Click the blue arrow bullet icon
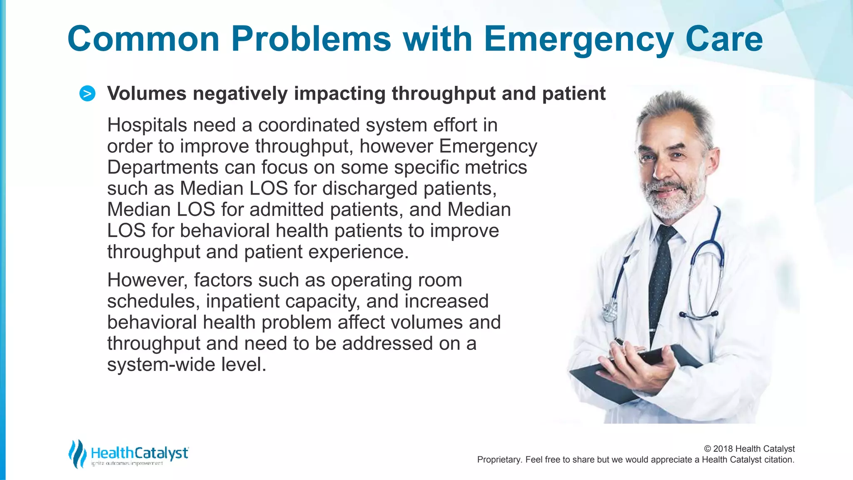[x=87, y=94]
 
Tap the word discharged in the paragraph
[x=370, y=189]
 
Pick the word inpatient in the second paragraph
[x=243, y=301]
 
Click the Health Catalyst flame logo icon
[x=77, y=453]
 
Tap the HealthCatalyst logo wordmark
[x=140, y=453]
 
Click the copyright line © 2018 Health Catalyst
[x=749, y=449]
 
